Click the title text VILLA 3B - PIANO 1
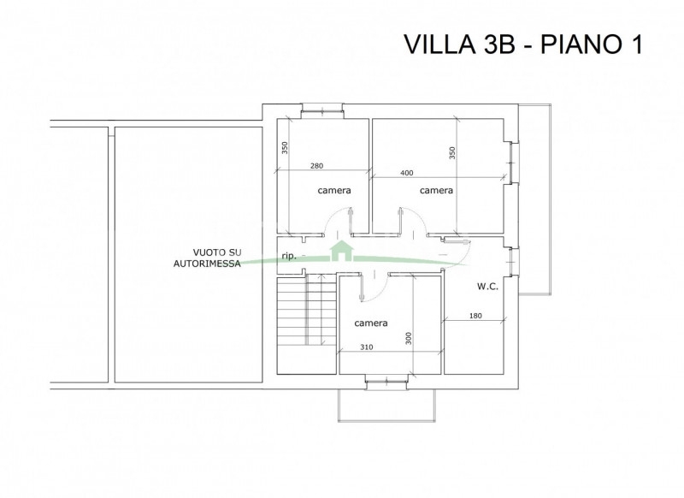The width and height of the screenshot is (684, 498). [523, 44]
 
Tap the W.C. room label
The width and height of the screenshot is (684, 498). [487, 287]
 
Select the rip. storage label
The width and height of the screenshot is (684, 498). [289, 256]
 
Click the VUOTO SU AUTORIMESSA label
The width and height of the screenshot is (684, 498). [207, 258]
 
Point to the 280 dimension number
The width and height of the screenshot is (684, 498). [316, 166]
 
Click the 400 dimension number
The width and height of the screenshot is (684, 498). [406, 173]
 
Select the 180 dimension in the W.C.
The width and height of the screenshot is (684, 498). [475, 316]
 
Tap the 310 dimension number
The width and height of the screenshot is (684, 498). [367, 347]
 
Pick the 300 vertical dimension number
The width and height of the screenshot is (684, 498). [409, 338]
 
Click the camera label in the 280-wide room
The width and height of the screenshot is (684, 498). [334, 190]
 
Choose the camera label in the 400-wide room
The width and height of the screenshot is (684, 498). [436, 190]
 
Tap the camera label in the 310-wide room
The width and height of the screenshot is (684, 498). [371, 323]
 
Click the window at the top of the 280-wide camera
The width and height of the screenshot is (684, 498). [323, 111]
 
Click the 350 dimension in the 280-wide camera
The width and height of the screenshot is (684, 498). [285, 148]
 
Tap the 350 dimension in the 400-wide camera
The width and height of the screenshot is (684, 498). [452, 153]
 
